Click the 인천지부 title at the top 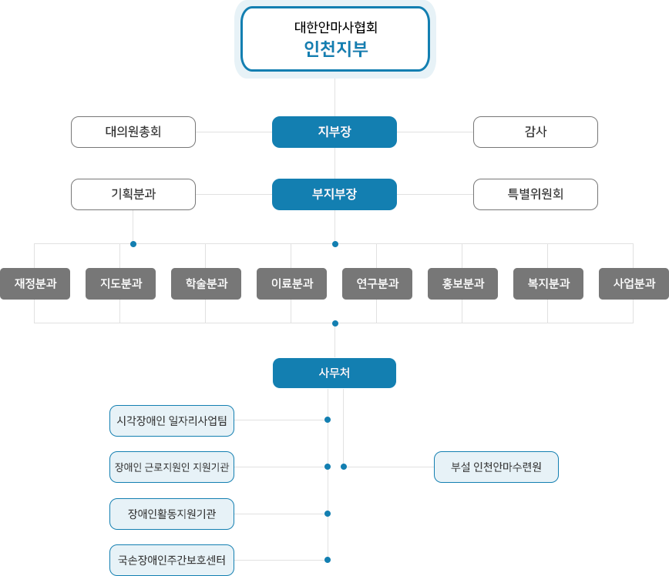335,49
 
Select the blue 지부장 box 334,132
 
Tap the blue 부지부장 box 334,193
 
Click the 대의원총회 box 133,132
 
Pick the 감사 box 535,132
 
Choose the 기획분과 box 133,193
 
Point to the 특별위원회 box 535,193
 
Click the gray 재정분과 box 35,283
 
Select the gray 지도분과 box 120,283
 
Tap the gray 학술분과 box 206,283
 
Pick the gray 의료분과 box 291,283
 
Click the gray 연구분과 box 377,283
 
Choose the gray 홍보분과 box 462,283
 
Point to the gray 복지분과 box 548,283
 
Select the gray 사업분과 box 634,283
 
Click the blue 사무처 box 334,373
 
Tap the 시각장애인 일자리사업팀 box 171,420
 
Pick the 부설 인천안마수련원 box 496,467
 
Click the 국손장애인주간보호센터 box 171,560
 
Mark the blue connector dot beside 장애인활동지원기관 328,513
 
